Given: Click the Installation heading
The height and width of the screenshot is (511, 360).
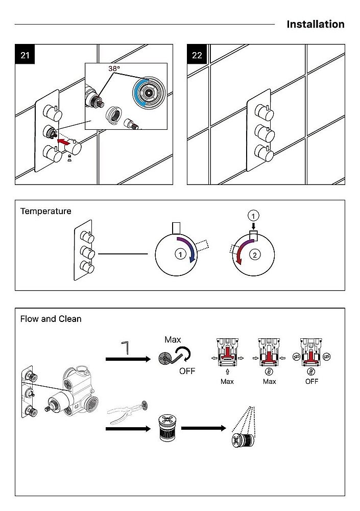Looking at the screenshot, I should tap(315, 24).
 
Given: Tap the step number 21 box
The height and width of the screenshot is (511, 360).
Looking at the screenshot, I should tap(25, 55).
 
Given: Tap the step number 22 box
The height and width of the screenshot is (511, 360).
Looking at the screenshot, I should tap(197, 55).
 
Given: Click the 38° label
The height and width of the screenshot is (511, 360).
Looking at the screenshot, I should tap(114, 68).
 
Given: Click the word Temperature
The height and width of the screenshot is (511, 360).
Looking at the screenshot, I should tap(46, 211).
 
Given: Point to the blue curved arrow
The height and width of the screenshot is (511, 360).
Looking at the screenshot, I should tap(187, 250).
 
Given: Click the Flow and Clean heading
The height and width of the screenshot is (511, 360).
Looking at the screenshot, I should tap(51, 319).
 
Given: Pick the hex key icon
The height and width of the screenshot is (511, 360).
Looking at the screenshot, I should tap(126, 348).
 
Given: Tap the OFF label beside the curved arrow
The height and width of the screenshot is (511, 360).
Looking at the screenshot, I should tap(187, 371).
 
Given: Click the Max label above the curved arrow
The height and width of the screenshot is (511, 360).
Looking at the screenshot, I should tap(173, 339).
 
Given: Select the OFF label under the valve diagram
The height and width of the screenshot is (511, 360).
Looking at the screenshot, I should tap(311, 381).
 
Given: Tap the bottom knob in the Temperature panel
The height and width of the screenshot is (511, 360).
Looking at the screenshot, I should tap(85, 266).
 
